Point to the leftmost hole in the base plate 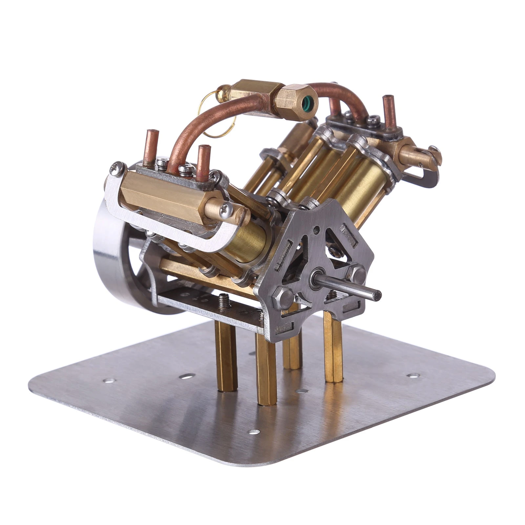click(109, 381)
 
